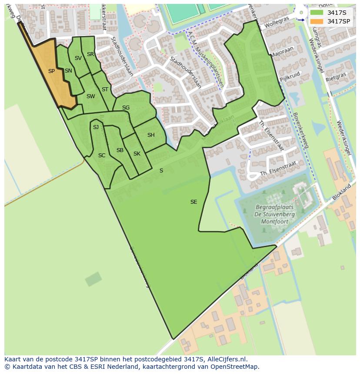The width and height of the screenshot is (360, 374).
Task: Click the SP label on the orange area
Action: point(51,71)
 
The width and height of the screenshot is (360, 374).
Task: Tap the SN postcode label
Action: point(68,71)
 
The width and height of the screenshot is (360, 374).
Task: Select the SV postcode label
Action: point(78,58)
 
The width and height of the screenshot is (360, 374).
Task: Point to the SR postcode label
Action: point(90,54)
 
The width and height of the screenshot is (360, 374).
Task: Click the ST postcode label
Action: point(105,89)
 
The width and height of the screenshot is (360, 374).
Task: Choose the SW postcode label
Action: point(90,96)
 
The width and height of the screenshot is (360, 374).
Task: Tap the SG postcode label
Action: point(126,108)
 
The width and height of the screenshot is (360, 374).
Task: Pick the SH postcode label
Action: point(151,135)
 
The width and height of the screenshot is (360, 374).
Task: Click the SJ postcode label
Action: point(96,127)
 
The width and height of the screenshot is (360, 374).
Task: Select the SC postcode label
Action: point(102,156)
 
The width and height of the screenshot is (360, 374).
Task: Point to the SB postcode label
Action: point(120,150)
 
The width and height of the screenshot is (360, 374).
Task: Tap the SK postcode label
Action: point(137,154)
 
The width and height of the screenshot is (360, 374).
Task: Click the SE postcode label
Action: point(194,202)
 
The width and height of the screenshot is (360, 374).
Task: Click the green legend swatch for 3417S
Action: point(317,13)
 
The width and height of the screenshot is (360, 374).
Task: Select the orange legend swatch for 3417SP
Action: point(317,21)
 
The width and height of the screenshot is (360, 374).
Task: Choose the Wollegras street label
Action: point(277,20)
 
